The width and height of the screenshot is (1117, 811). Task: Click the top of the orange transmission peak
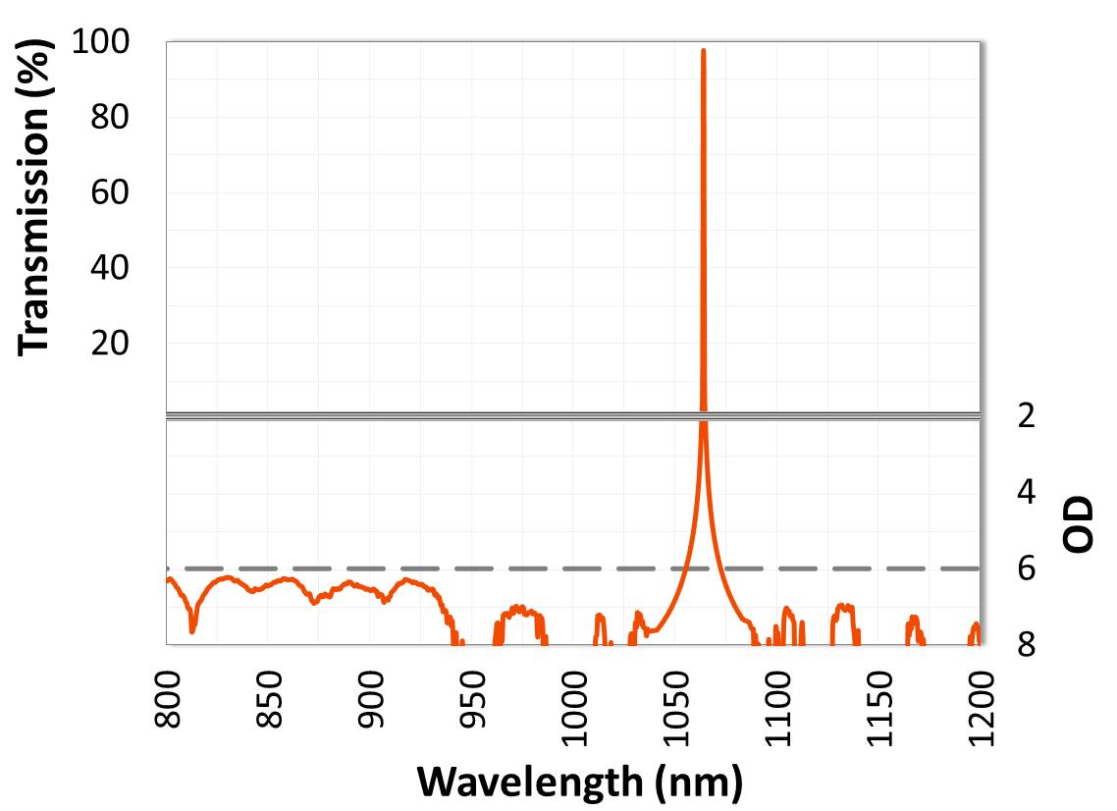point(703,50)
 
